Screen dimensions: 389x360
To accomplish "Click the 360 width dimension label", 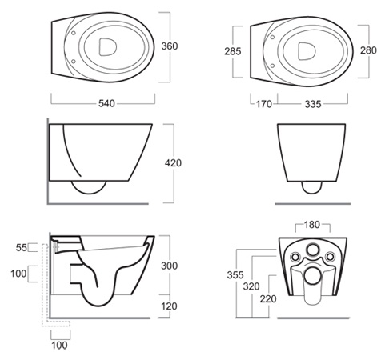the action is coord(170,46).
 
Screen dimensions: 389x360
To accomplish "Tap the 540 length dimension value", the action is coord(106,103).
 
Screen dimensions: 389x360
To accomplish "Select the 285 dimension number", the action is coord(233,51).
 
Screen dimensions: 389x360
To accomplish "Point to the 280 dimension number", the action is coord(368,50).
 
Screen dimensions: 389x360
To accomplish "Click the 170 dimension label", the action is coord(264,104).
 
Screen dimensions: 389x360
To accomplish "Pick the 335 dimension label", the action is coord(313,104).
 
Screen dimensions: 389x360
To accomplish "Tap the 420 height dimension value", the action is coord(173,163).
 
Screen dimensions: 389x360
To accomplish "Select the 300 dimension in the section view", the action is coord(170,266).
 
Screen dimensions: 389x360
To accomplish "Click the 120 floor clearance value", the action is coord(169,306).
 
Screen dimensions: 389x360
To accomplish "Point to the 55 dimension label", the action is coord(22,248).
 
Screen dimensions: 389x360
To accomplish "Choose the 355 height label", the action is coord(235,275).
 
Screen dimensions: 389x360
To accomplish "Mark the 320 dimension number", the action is coord(251,286).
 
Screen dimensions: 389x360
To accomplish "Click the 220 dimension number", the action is coord(268,299).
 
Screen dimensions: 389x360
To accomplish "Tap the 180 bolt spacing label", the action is coord(312,225).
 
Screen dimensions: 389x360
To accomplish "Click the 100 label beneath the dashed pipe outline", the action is coord(59,346).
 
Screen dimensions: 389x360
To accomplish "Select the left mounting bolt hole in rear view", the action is coord(295,257).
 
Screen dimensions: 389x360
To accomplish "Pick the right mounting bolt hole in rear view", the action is coord(330,257).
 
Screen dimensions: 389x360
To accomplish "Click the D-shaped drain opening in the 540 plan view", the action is coord(108,47).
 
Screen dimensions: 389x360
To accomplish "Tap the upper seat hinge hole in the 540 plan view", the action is coord(74,33).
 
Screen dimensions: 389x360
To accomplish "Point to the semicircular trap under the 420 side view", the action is coord(89,187).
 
